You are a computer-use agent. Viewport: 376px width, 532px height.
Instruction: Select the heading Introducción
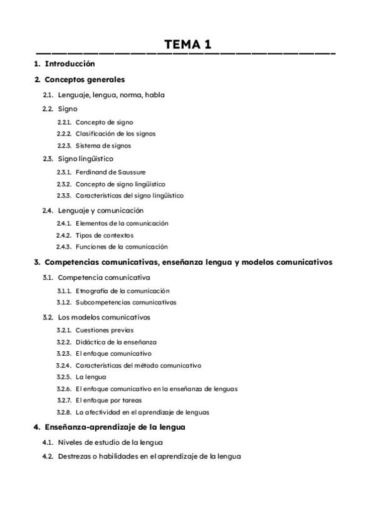point(70,64)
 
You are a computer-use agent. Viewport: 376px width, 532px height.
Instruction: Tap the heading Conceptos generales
point(85,80)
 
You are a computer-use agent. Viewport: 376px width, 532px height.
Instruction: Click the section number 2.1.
point(48,95)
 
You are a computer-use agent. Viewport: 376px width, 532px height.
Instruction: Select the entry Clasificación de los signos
point(115,134)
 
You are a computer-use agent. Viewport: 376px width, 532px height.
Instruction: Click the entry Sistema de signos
point(103,146)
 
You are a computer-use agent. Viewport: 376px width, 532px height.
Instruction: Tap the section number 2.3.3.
point(64,196)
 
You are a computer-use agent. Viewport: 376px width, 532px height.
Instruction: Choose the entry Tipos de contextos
point(105,235)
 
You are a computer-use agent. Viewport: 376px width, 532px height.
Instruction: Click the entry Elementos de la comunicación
point(122,223)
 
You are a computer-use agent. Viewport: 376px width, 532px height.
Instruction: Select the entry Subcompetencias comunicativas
point(126,302)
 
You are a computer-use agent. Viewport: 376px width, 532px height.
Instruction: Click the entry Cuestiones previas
point(104,330)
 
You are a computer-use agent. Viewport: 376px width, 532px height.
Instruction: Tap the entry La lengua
point(91,377)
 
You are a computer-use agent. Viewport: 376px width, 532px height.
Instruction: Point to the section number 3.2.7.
point(64,400)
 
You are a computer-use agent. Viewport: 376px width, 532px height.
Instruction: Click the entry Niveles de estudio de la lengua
point(110,442)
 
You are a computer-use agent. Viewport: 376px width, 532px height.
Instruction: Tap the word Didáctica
point(90,342)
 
